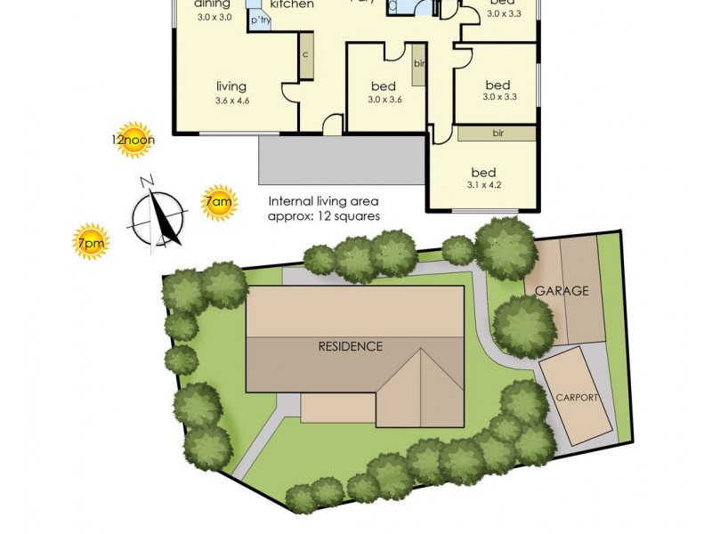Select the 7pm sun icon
click(91, 241)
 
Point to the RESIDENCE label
click(351, 346)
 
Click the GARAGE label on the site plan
click(562, 291)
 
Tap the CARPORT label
click(577, 397)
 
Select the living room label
click(231, 86)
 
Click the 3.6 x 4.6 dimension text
click(231, 101)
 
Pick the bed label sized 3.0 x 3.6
click(384, 86)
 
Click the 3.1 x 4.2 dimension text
click(483, 187)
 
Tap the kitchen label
click(292, 4)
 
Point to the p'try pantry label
click(260, 20)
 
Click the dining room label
click(214, 4)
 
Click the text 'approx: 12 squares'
click(324, 216)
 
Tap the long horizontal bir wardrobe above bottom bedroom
click(497, 133)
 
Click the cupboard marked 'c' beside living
click(305, 55)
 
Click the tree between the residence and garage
click(523, 326)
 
